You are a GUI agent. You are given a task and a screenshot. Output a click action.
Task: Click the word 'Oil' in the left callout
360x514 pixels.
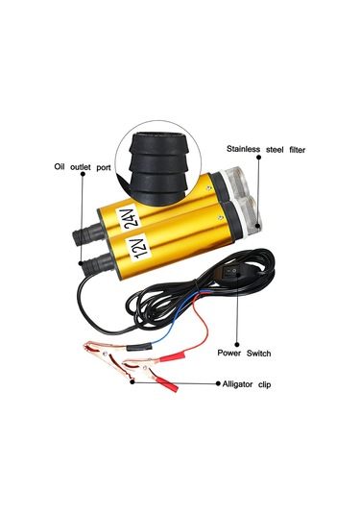(63, 165)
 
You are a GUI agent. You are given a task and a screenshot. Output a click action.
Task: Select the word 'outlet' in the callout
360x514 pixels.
(88, 165)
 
